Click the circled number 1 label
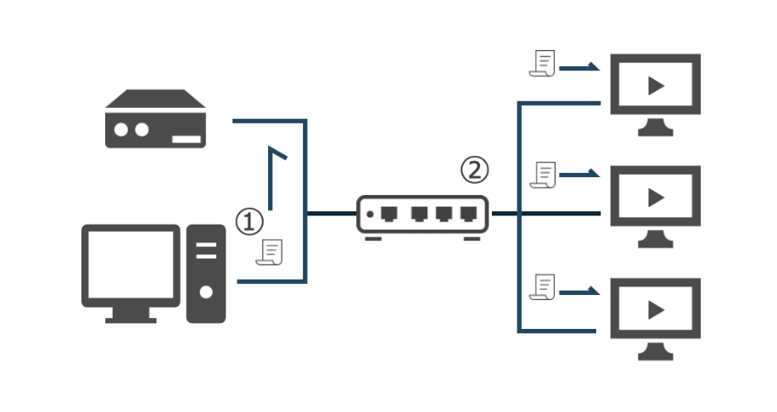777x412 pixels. click(249, 221)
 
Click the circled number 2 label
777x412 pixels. click(475, 170)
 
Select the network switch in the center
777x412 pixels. click(422, 217)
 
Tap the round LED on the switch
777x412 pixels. click(370, 214)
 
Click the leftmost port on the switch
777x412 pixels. click(389, 214)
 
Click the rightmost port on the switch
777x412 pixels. click(468, 214)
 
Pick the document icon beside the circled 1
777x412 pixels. click(270, 252)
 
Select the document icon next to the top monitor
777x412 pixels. click(542, 64)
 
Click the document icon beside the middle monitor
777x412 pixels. click(543, 175)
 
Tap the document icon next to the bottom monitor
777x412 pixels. click(542, 287)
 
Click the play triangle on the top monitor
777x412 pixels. click(656, 86)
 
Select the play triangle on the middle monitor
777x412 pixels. click(656, 198)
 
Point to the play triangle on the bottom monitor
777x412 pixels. click(656, 310)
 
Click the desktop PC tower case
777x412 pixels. click(206, 274)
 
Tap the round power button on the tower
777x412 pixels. click(206, 292)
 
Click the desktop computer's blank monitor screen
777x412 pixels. click(131, 264)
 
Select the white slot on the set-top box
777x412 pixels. click(187, 139)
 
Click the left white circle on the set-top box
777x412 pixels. click(121, 129)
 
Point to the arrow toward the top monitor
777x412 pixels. click(579, 67)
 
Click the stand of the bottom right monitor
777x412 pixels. click(656, 352)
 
